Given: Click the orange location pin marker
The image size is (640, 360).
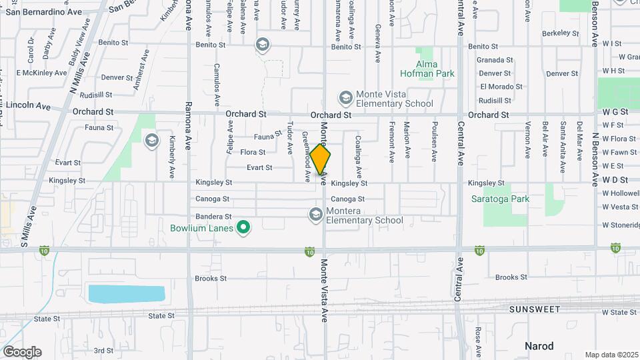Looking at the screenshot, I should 321,159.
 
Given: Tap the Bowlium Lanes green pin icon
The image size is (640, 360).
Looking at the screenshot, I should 244,229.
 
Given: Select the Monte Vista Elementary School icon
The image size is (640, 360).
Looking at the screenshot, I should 345,99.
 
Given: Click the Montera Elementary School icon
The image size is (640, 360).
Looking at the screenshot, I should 315,215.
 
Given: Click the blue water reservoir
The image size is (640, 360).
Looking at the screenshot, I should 126,293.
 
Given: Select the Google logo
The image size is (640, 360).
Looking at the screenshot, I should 22,351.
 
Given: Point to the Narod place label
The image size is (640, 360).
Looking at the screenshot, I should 539,346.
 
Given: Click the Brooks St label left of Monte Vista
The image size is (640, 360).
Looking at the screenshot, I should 211,278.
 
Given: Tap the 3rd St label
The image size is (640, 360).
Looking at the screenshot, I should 103,350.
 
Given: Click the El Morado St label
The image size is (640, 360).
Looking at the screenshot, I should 501,87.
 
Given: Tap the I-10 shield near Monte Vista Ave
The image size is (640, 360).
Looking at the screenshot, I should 310,251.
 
